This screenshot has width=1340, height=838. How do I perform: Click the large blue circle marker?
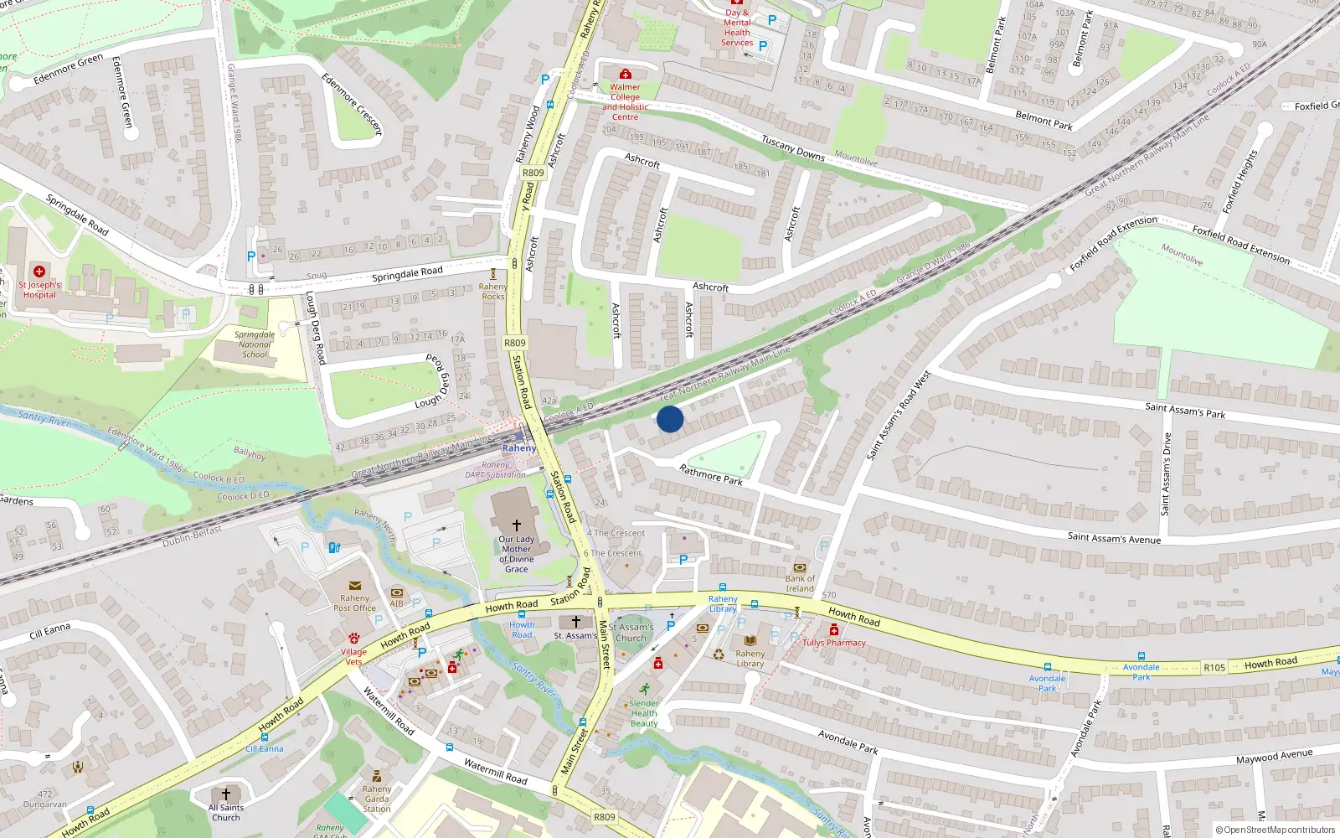(x=670, y=419)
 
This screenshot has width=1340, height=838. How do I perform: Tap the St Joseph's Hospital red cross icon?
(x=39, y=272)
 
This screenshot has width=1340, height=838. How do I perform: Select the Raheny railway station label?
(x=519, y=448)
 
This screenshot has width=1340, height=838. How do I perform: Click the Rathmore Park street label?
(x=711, y=475)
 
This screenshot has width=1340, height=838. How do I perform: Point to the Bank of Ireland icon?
(x=800, y=567)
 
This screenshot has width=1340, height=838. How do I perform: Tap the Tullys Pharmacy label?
(x=834, y=643)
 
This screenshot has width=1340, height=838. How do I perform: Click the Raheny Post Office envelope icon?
(x=354, y=586)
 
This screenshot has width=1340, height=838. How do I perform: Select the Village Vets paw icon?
(x=353, y=639)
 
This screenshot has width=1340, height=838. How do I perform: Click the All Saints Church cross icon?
(x=225, y=794)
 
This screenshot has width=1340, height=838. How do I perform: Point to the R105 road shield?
(x=1214, y=668)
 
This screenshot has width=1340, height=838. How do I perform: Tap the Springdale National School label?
(x=255, y=344)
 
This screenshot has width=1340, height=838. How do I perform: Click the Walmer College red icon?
(x=625, y=75)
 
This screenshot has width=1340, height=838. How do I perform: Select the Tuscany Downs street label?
(x=792, y=147)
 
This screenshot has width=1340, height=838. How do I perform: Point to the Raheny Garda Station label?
(x=377, y=799)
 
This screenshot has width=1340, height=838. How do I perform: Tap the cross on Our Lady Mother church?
(x=517, y=525)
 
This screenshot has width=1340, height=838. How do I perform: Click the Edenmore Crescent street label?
(x=352, y=104)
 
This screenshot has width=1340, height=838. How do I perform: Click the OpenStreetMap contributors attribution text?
(x=1276, y=830)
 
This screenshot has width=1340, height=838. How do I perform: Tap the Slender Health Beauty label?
(x=644, y=713)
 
